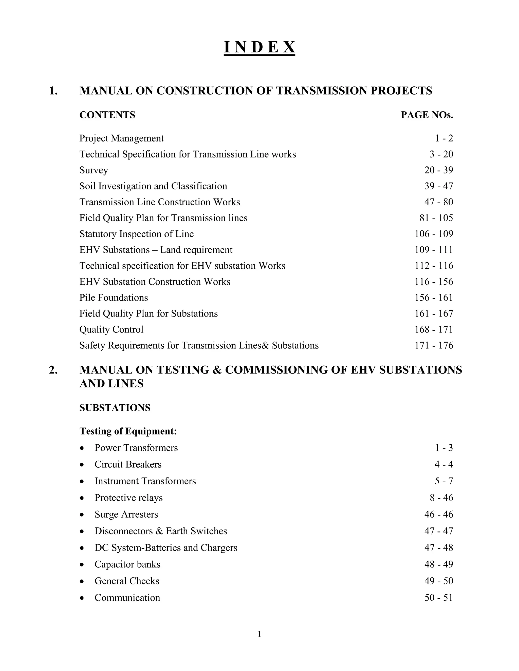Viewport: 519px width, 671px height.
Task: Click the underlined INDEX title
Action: pyautogui.click(x=259, y=48)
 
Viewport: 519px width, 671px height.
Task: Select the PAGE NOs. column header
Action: pyautogui.click(x=427, y=115)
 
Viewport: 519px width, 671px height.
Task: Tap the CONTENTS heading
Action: pyautogui.click(x=107, y=115)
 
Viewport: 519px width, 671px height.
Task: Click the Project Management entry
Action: pyautogui.click(x=121, y=138)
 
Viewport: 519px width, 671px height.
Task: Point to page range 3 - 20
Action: pyautogui.click(x=441, y=154)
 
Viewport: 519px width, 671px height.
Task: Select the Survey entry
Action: pyautogui.click(x=94, y=170)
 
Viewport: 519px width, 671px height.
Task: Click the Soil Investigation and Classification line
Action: pyautogui.click(x=153, y=186)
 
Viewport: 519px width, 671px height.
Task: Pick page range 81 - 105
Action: pyautogui.click(x=436, y=218)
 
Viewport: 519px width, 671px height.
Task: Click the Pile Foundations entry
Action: pyautogui.click(x=114, y=298)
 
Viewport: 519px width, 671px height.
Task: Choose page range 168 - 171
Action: pyautogui.click(x=434, y=330)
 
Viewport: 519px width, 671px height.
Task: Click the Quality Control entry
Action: pyautogui.click(x=111, y=330)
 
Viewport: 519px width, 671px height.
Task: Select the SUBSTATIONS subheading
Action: pyautogui.click(x=115, y=408)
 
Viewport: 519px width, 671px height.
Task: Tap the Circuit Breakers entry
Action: pyautogui.click(x=128, y=465)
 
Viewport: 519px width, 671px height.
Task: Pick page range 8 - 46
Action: pyautogui.click(x=441, y=498)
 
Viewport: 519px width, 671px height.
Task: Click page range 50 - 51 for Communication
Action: pyautogui.click(x=438, y=598)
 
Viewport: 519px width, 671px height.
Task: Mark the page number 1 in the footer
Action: pyautogui.click(x=259, y=634)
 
